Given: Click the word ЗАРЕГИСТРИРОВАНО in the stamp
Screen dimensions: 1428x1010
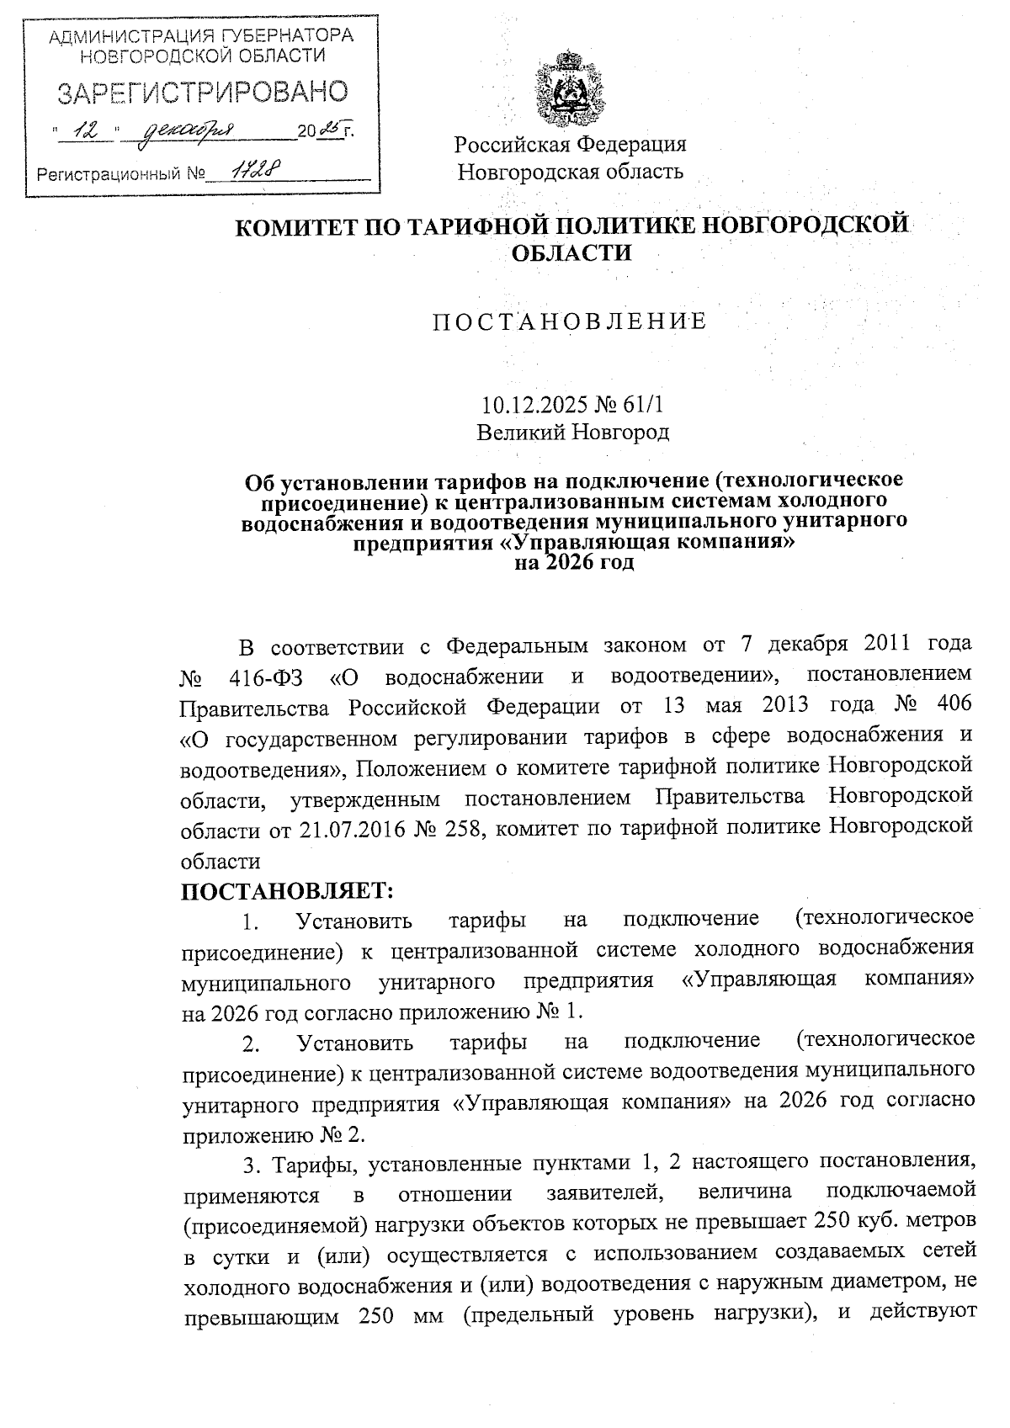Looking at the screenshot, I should tap(202, 93).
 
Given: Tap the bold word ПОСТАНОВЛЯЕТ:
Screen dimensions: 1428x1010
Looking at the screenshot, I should tap(288, 889).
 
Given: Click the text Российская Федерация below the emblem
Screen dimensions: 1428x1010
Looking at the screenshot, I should tap(571, 144).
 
